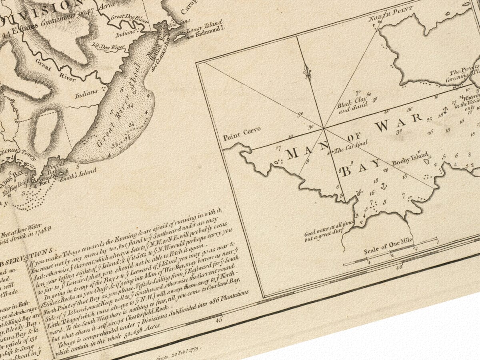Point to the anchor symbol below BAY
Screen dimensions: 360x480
coord(382,186)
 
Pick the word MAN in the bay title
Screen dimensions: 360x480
coord(302,153)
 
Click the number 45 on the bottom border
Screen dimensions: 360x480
coord(218,320)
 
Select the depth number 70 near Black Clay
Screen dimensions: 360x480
coord(358,92)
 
